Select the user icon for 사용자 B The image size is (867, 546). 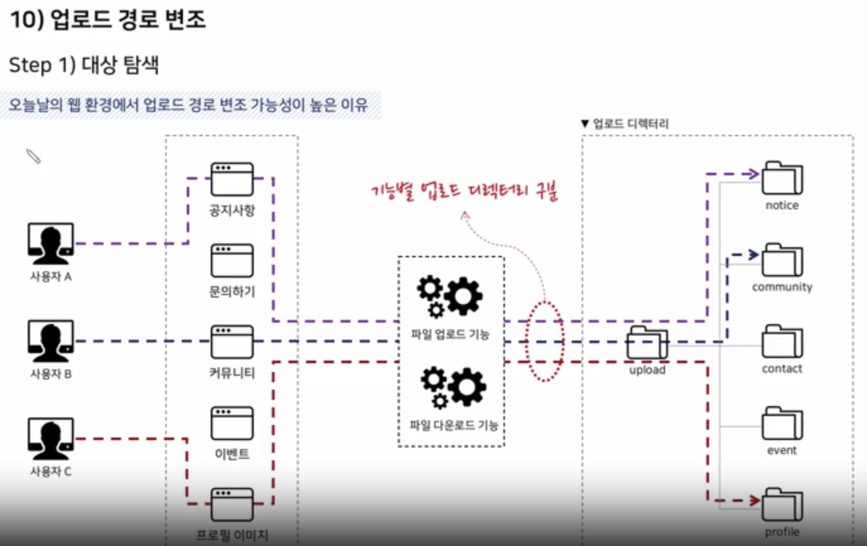(x=51, y=341)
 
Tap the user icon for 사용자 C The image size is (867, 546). (x=51, y=439)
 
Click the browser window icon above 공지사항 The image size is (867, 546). (x=232, y=179)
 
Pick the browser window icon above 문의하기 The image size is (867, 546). (x=232, y=260)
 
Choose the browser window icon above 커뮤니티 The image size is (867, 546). (x=232, y=342)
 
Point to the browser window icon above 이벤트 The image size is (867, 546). (x=232, y=423)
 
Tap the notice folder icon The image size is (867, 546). (x=782, y=178)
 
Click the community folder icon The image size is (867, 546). (x=782, y=260)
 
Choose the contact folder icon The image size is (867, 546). (x=782, y=342)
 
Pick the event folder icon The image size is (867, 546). (x=782, y=423)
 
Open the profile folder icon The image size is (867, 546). (x=782, y=504)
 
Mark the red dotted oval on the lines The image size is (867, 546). (x=545, y=341)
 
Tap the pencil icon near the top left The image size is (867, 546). (x=33, y=156)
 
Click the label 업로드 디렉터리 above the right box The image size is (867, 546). (x=630, y=124)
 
